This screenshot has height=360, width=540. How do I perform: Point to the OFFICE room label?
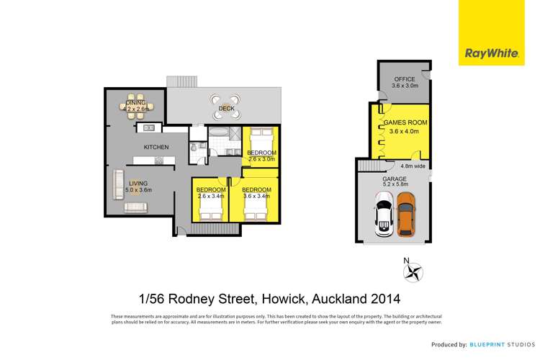tap(403, 80)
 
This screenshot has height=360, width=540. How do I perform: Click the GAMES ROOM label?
tap(408, 123)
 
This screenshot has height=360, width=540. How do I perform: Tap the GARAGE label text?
tap(395, 178)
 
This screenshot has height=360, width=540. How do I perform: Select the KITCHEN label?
tap(156, 148)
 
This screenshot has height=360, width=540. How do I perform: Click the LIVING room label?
tap(138, 183)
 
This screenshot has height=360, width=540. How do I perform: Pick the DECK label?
tap(227, 109)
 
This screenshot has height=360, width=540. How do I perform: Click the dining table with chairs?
tap(136, 106)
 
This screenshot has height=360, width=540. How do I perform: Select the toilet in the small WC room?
tap(194, 149)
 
